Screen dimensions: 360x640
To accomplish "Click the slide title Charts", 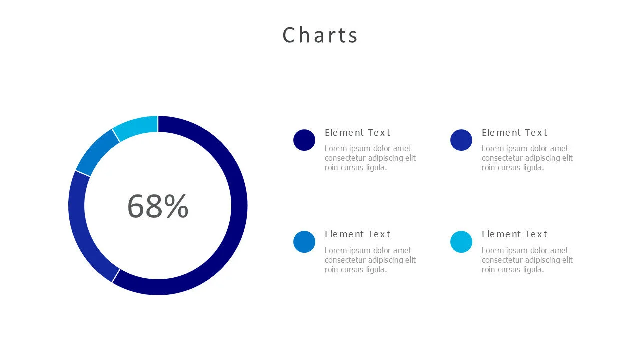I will click(320, 35).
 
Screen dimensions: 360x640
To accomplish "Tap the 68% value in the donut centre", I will click(158, 206).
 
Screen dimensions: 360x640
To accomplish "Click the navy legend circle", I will click(304, 140).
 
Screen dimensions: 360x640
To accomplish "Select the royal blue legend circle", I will click(461, 140).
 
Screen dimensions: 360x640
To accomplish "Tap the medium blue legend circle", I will click(304, 242).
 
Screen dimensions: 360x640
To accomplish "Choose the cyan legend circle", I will click(461, 242).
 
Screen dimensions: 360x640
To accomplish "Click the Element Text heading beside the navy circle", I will click(357, 133).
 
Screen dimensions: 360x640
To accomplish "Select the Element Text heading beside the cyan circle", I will click(514, 234).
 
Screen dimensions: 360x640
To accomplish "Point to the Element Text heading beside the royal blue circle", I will click(514, 133).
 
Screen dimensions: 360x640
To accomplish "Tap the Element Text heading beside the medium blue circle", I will click(357, 234).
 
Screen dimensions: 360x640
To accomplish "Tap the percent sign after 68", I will click(176, 206).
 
